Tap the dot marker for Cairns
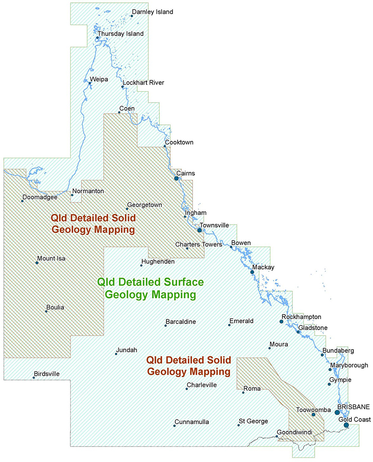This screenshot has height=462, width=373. (x=177, y=178)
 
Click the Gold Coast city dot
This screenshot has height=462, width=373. (x=346, y=425)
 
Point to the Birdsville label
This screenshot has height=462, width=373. (x=47, y=373)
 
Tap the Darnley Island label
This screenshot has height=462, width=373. (x=152, y=12)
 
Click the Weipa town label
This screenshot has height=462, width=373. (x=99, y=79)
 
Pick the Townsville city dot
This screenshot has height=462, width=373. (x=200, y=230)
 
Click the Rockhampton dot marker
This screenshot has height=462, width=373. (x=282, y=322)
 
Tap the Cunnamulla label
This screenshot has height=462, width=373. (x=192, y=422)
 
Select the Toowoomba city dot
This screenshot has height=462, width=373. (x=314, y=414)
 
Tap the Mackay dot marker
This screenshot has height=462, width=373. (x=252, y=272)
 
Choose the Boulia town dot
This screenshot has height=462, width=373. (x=46, y=311)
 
